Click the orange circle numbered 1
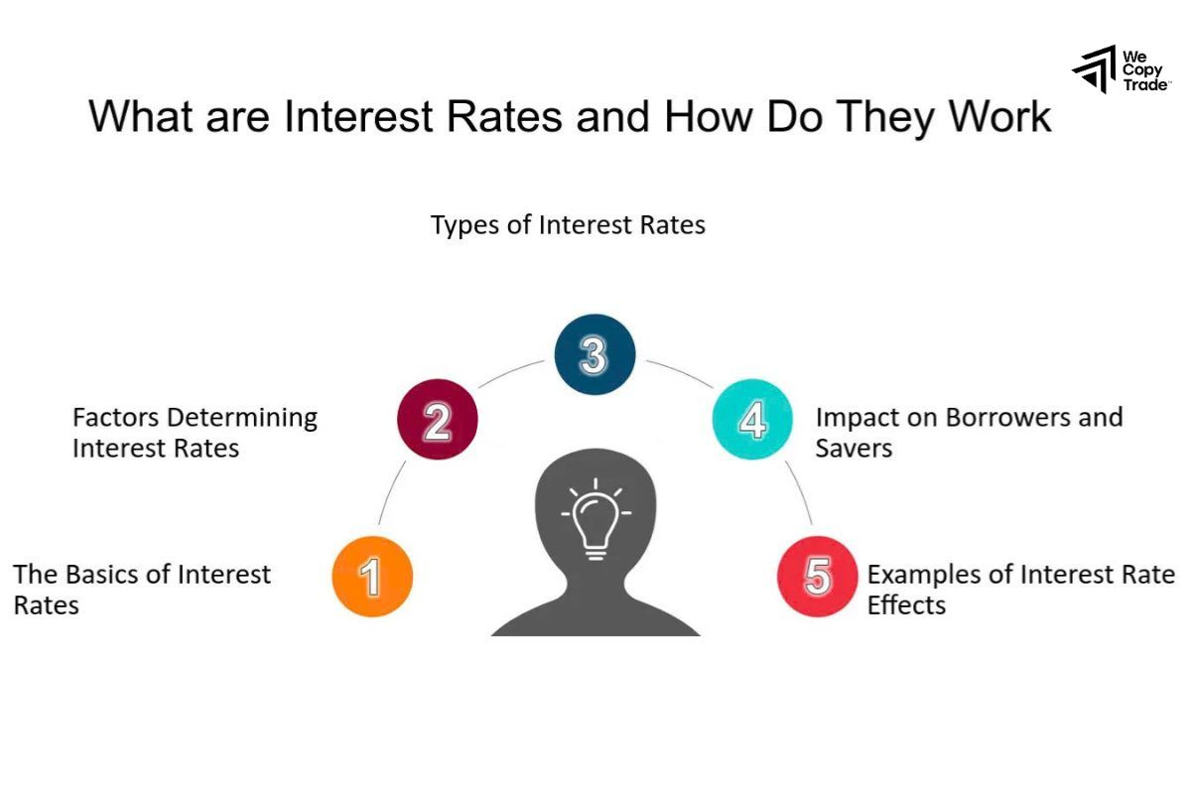(372, 577)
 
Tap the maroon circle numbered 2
(437, 420)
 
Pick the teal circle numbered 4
(752, 419)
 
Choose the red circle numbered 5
(817, 577)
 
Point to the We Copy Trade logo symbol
(1095, 69)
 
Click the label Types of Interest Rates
(568, 225)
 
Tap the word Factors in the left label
(114, 417)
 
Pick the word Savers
(854, 449)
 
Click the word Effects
(906, 605)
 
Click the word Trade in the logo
(1145, 85)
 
